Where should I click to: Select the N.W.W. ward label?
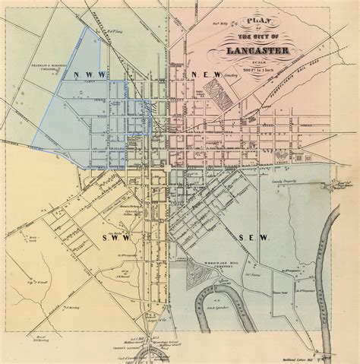pyautogui.click(x=90, y=74)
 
